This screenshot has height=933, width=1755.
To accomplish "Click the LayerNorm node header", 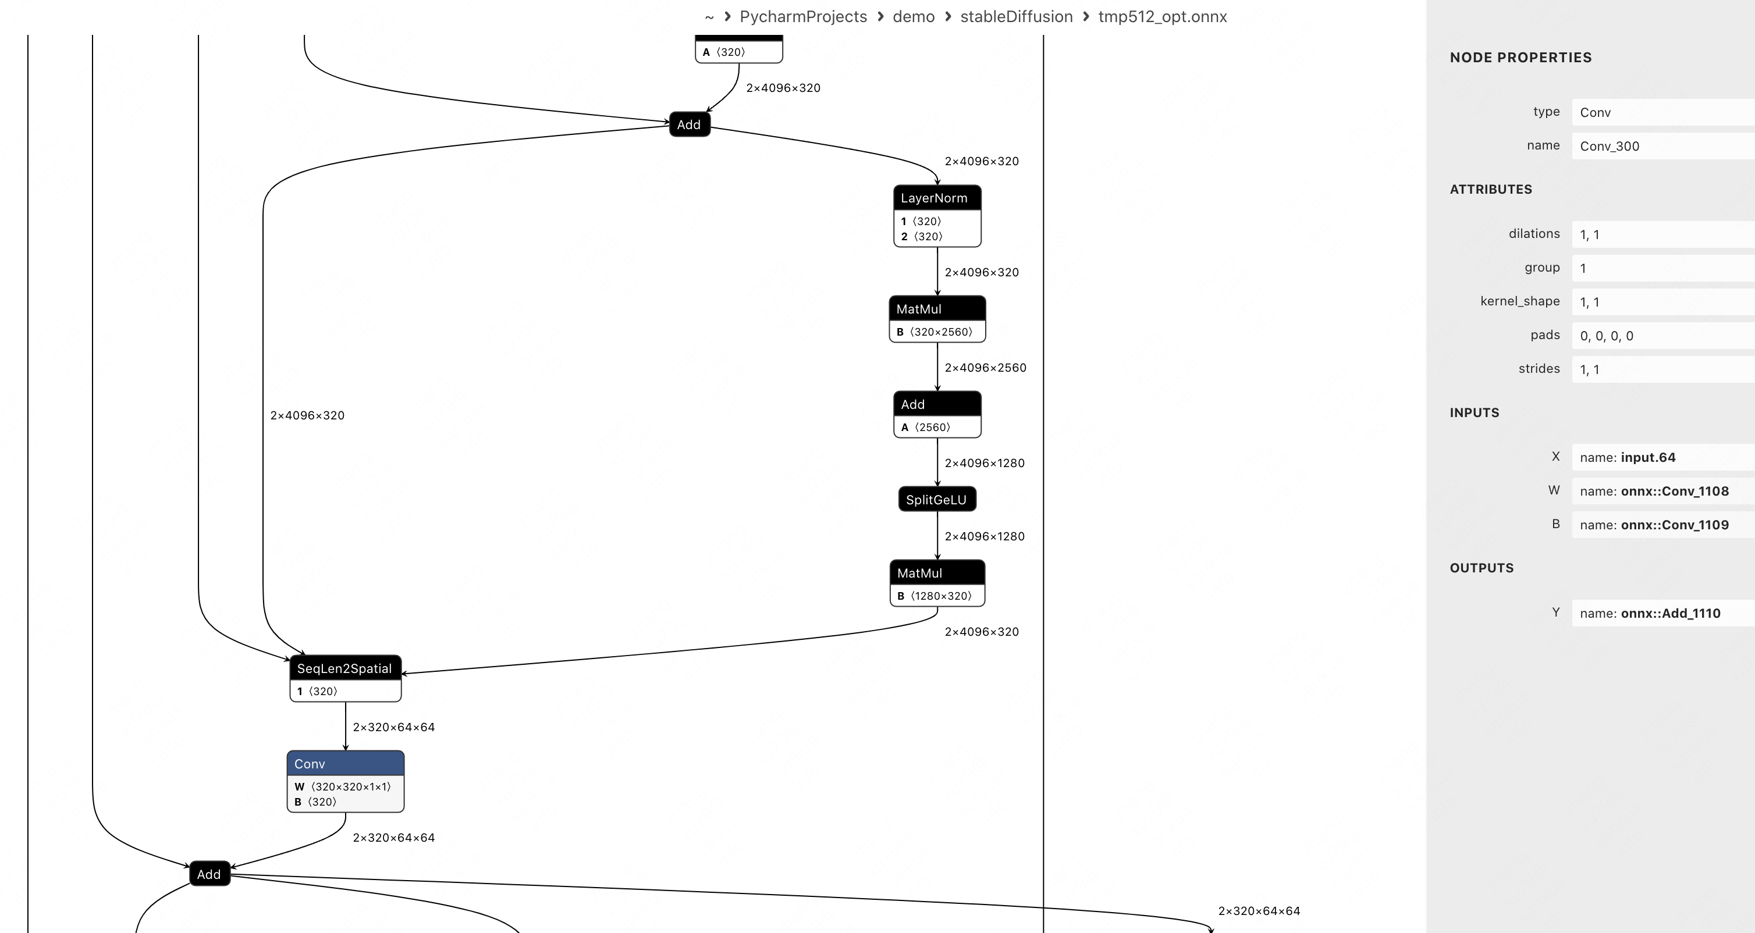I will pos(937,198).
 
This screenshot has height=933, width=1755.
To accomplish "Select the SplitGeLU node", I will pos(937,499).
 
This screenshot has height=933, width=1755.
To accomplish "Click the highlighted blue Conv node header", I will pos(346,763).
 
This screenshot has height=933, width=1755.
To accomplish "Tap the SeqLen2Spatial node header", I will pos(344,668).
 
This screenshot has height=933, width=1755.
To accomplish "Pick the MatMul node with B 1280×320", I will pos(937,573).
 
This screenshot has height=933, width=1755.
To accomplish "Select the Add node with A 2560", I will pos(937,404).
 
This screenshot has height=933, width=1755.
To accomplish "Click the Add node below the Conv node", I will pos(209,874).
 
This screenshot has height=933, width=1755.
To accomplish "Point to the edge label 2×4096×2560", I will pos(985,368).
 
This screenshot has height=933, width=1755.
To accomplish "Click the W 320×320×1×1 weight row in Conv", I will pos(343,786).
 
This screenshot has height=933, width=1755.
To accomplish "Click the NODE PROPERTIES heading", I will pos(1520,57).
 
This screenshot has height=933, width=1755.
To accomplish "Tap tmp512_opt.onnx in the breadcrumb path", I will pos(1162,16).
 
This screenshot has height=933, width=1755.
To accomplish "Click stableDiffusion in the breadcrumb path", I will pos(1016,16).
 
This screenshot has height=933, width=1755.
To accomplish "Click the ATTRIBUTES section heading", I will pos(1491,189).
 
